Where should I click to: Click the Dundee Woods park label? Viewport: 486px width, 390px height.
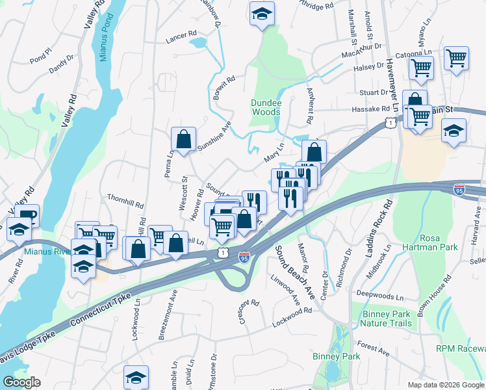click(x=266, y=108)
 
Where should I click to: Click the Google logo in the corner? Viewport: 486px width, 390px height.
click(x=21, y=382)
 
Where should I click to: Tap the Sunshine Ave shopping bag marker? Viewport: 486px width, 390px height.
click(x=184, y=138)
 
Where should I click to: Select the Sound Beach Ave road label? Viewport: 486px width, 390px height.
click(x=295, y=272)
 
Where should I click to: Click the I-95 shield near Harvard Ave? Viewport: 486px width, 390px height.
click(x=459, y=190)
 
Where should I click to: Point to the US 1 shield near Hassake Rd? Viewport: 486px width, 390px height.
click(x=389, y=122)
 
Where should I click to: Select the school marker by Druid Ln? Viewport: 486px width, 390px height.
click(x=136, y=376)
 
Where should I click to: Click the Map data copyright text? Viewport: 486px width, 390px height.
click(x=446, y=385)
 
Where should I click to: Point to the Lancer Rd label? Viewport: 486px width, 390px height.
click(x=181, y=34)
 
